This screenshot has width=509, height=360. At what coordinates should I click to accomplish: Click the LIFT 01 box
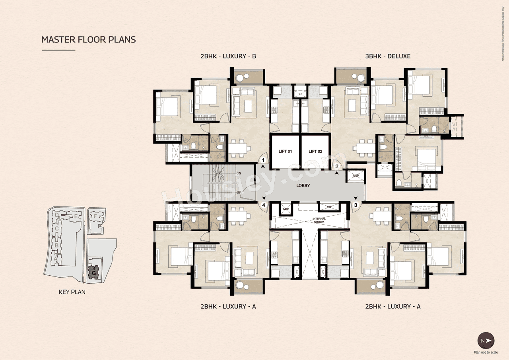click(x=285, y=152)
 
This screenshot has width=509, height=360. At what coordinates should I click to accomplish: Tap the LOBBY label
click(x=303, y=186)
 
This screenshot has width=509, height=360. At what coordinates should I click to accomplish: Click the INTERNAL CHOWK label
click(x=319, y=220)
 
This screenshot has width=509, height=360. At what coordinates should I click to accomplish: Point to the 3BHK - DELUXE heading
click(x=388, y=56)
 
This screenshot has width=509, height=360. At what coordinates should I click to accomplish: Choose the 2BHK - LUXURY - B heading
click(x=228, y=56)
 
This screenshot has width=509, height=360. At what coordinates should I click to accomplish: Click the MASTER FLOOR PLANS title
click(x=89, y=40)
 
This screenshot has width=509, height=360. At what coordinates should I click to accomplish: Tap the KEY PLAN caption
click(x=72, y=292)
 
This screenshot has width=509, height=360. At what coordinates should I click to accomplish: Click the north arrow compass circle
click(x=486, y=341)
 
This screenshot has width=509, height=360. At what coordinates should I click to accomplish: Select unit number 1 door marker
click(x=263, y=160)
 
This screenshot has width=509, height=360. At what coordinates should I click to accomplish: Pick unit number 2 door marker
click(x=337, y=166)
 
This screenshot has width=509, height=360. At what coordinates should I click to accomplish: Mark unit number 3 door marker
click(x=356, y=205)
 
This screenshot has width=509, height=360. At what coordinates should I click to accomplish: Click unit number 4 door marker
click(x=263, y=205)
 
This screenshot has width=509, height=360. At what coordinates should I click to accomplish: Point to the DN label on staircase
click(x=239, y=174)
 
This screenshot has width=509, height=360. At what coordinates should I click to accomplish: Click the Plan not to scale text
click(x=486, y=352)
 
